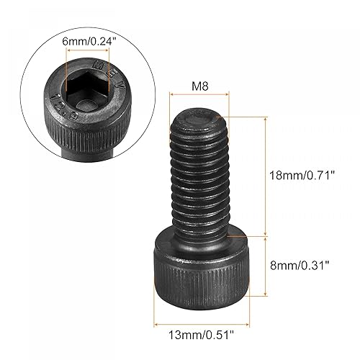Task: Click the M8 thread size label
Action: click(199, 87)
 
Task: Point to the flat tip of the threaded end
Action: click(199, 115)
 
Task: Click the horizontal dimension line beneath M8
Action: click(199, 95)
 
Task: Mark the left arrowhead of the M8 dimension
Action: click(172, 95)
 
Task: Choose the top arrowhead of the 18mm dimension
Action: click(269, 117)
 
